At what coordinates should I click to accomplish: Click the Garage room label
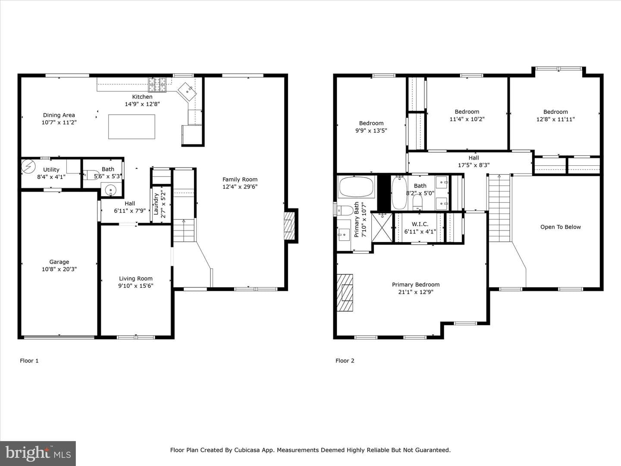(59, 262)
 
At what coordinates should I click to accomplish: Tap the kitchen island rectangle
(132, 127)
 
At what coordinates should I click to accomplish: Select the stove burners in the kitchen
(157, 85)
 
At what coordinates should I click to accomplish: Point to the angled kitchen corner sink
(187, 91)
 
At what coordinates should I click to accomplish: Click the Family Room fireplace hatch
(289, 226)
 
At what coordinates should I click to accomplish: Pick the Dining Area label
(59, 115)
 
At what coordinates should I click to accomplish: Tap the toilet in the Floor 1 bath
(91, 175)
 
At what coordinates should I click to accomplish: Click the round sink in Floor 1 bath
(111, 190)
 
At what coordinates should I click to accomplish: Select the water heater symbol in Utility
(28, 167)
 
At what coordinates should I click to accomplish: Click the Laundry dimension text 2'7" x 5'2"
(163, 204)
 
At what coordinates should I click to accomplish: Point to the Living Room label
(135, 279)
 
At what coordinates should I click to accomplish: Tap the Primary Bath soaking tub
(357, 186)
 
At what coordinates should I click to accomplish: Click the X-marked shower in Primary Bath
(382, 228)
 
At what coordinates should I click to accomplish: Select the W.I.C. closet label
(420, 224)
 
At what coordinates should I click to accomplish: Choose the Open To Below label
(561, 227)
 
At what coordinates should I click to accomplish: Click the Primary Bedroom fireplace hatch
(345, 293)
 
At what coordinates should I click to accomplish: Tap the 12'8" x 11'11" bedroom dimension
(555, 120)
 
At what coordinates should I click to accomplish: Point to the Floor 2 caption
(345, 360)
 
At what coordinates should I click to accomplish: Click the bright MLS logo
(38, 453)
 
